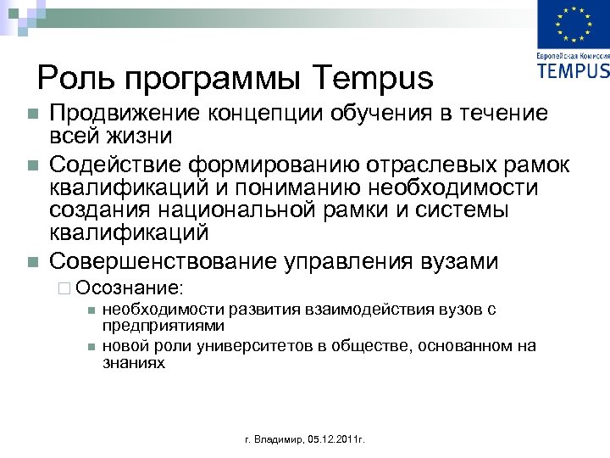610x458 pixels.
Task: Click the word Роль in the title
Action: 71,79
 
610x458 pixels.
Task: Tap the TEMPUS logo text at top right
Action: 573,70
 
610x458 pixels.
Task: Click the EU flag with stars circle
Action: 573,25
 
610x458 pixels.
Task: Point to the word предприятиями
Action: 163,325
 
